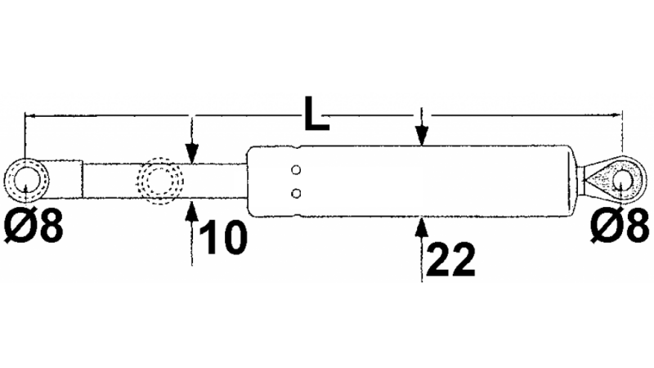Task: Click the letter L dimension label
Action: coord(316,114)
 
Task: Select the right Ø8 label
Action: coord(620,227)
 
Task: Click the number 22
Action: coord(450,260)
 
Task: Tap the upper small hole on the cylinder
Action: coord(296,170)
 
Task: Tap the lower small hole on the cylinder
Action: coord(296,193)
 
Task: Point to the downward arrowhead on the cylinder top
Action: coord(421,140)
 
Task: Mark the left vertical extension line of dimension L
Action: coord(26,135)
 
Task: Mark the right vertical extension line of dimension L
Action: coord(625,135)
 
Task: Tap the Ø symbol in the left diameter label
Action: coord(18,227)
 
